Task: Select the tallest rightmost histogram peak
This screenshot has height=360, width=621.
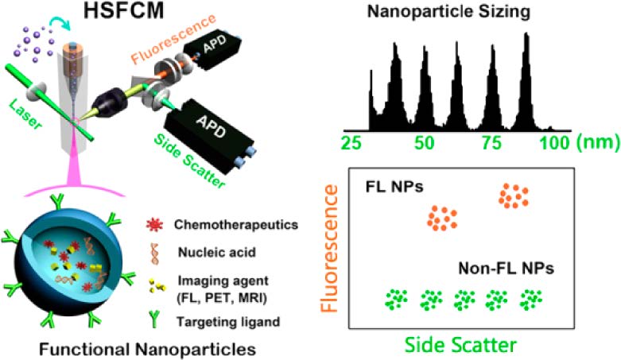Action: [x=525, y=79]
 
